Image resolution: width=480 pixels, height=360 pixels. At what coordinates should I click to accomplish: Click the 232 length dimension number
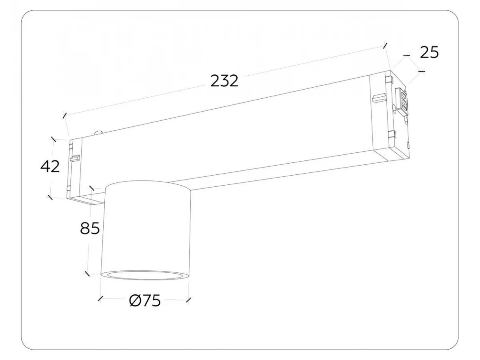[224, 81]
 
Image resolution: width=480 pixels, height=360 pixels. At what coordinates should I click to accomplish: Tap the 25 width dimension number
[429, 52]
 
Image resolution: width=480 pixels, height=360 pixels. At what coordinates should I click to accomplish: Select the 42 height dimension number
[50, 166]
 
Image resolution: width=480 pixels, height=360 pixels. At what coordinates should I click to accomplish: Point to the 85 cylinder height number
[90, 228]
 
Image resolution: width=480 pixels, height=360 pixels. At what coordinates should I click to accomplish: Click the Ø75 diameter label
[145, 300]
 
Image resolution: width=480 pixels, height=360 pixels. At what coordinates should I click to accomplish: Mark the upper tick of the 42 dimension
[53, 140]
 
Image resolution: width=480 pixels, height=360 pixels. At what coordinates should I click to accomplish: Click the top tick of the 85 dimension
[92, 188]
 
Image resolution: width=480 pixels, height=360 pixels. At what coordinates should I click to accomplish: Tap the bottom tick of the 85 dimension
[87, 274]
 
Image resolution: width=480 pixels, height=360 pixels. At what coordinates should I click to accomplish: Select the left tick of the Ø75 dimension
[100, 299]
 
